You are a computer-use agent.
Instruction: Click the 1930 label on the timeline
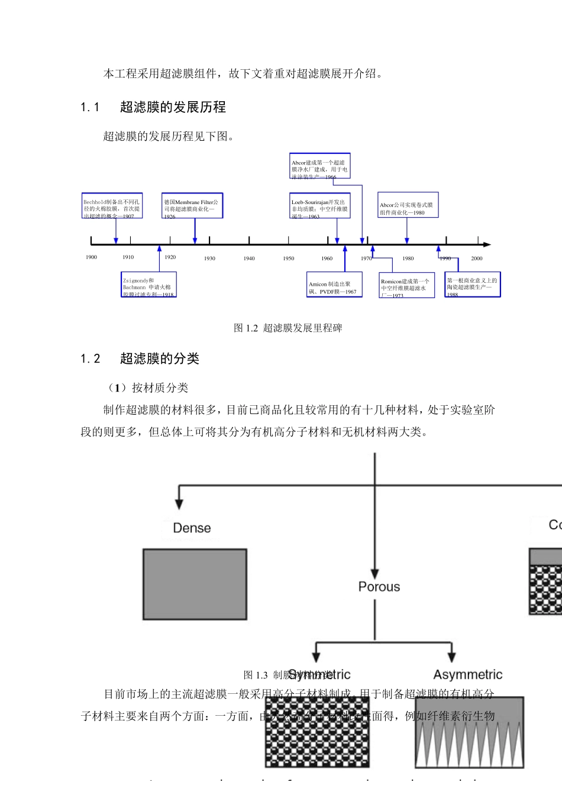(x=209, y=258)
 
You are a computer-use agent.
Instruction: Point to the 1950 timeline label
(x=288, y=258)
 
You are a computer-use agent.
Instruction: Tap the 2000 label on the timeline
(x=476, y=258)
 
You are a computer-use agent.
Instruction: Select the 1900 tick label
(x=91, y=257)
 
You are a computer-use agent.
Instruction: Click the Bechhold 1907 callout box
(x=112, y=206)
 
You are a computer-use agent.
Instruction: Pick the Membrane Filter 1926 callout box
(x=192, y=206)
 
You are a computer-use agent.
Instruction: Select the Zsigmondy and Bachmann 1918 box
(x=149, y=285)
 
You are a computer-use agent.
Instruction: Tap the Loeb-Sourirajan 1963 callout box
(x=320, y=206)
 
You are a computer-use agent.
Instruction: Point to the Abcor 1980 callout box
(x=408, y=206)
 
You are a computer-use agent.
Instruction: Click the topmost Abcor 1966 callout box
(x=319, y=166)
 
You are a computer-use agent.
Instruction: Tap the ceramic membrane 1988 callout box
(x=472, y=285)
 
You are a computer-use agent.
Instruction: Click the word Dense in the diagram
(x=192, y=528)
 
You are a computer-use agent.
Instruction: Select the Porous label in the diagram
(x=379, y=587)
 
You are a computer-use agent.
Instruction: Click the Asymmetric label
(x=467, y=675)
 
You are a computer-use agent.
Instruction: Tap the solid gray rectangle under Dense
(x=195, y=584)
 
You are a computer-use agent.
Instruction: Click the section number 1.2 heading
(x=91, y=359)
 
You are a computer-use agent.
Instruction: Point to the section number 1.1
(x=90, y=108)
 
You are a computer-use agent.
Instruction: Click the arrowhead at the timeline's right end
(x=487, y=244)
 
